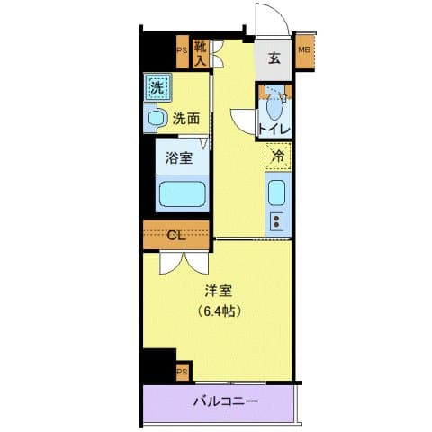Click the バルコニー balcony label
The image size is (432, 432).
[224, 401]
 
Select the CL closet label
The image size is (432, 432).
[176, 235]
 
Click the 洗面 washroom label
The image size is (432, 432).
[186, 116]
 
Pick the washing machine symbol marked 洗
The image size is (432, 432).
[157, 88]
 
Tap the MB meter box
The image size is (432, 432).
[303, 50]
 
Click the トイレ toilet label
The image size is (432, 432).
[274, 130]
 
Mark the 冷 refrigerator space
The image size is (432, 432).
[278, 157]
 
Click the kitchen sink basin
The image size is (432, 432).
[277, 193]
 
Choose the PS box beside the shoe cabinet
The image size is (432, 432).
[182, 51]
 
